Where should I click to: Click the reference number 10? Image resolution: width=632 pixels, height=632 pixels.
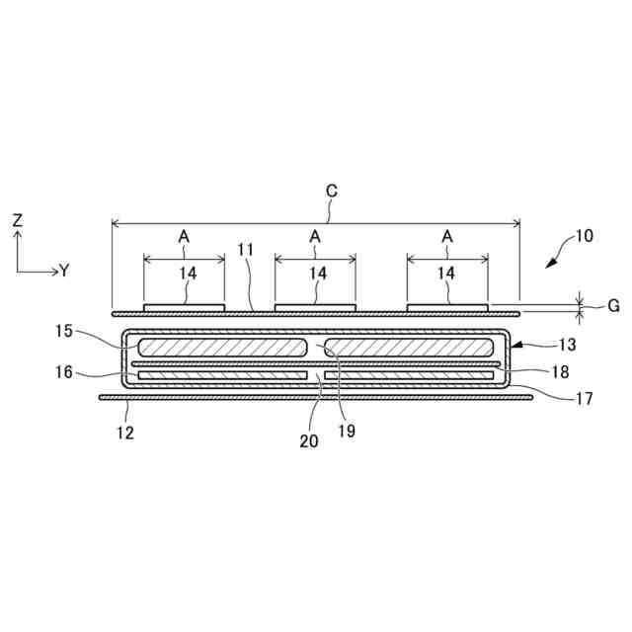pos(584,236)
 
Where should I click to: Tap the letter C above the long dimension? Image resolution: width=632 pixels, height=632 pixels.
pos(332,191)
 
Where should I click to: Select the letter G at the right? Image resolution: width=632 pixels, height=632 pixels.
pos(613,306)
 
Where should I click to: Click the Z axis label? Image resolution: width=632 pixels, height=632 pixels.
pos(18,220)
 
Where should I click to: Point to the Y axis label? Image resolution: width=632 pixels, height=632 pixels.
pos(64,271)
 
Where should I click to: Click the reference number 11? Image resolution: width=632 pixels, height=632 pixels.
pos(245,250)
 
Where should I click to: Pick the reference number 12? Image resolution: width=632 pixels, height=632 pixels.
pos(125,433)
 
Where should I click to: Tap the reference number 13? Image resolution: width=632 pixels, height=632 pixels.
pos(567,345)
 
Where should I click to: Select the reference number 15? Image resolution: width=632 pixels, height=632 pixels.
pos(63,331)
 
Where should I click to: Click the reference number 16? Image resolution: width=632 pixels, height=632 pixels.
pos(63,372)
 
